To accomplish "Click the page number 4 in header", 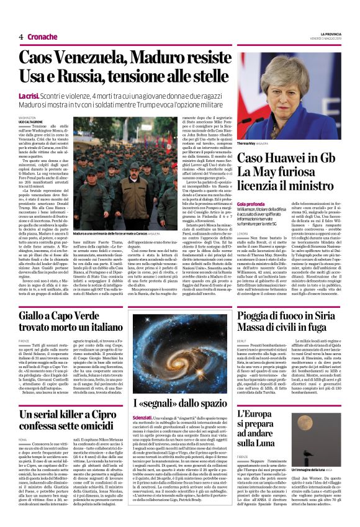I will click(21, 37).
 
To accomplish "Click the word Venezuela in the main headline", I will click(82, 58).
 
